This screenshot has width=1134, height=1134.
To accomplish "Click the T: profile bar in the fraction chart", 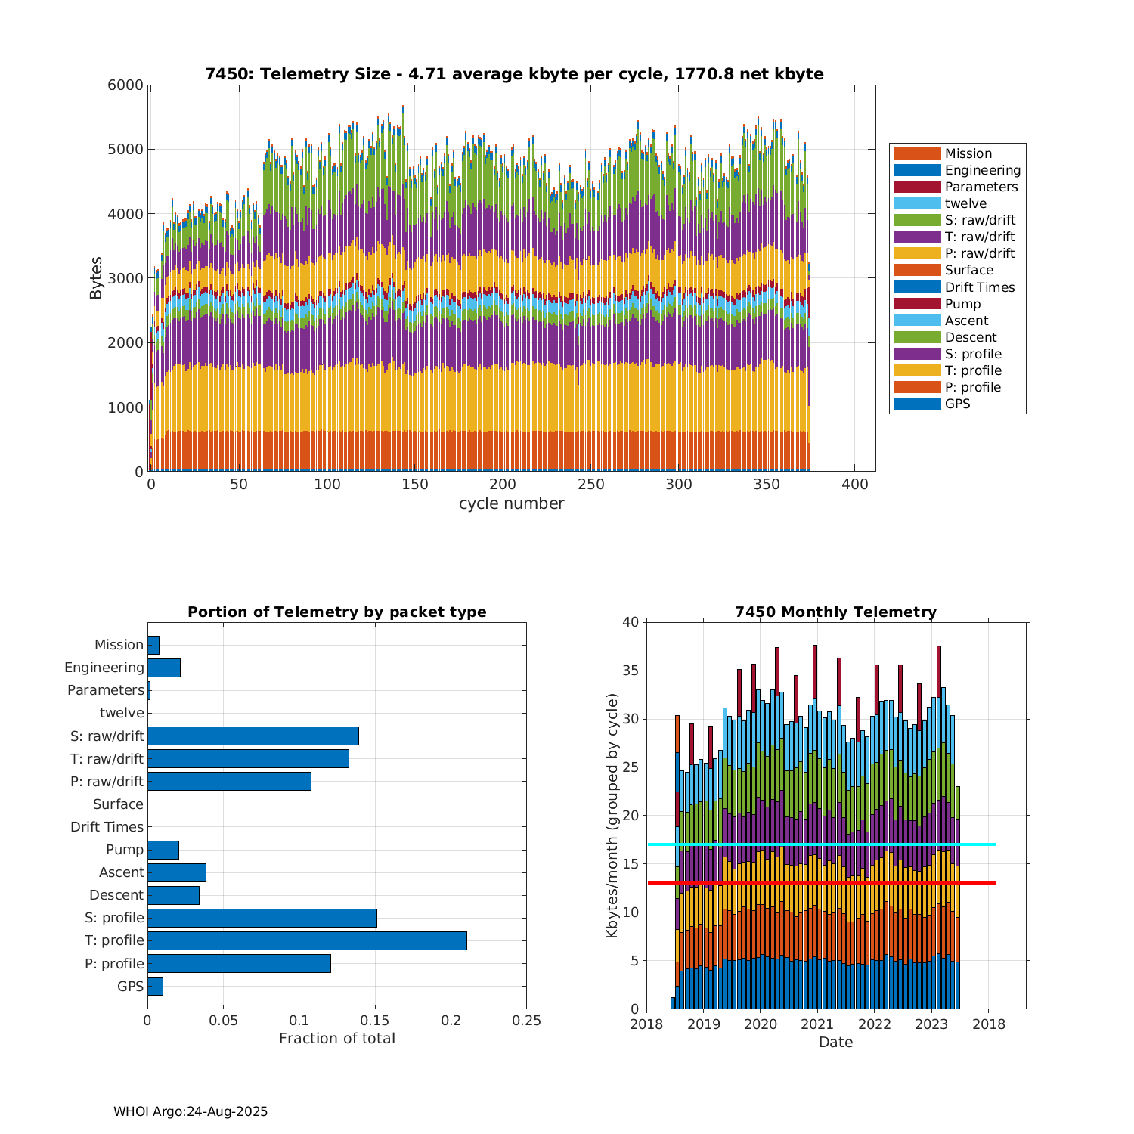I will tap(307, 940).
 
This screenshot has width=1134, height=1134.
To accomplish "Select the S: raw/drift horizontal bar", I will tap(253, 736).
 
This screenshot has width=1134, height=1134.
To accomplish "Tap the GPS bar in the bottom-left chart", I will tap(155, 986).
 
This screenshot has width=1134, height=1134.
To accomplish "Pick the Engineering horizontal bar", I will tap(164, 668).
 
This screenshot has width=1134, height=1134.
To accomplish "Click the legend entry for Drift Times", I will tap(979, 287).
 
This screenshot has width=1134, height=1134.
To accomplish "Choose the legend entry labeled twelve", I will tap(965, 203).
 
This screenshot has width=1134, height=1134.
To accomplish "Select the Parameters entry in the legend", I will tap(981, 187).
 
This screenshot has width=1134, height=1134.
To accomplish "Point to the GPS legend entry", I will tap(957, 404).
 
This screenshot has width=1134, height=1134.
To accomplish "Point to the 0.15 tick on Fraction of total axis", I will tap(375, 1021).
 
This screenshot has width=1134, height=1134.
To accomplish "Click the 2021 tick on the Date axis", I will tap(817, 1024).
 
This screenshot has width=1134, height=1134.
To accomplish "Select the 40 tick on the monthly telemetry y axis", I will tap(631, 622).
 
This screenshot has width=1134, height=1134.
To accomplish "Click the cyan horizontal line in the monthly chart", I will tap(975, 844).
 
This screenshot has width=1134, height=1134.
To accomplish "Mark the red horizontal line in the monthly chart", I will tap(975, 883).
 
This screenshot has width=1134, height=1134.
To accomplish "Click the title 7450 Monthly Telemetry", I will tap(835, 612).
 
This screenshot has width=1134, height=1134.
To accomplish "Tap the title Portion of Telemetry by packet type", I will tap(336, 612).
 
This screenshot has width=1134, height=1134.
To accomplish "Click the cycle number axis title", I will tap(511, 503).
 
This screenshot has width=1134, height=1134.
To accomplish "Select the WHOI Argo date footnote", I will tap(191, 1111).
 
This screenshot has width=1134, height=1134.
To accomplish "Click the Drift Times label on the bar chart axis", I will tap(107, 827).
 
